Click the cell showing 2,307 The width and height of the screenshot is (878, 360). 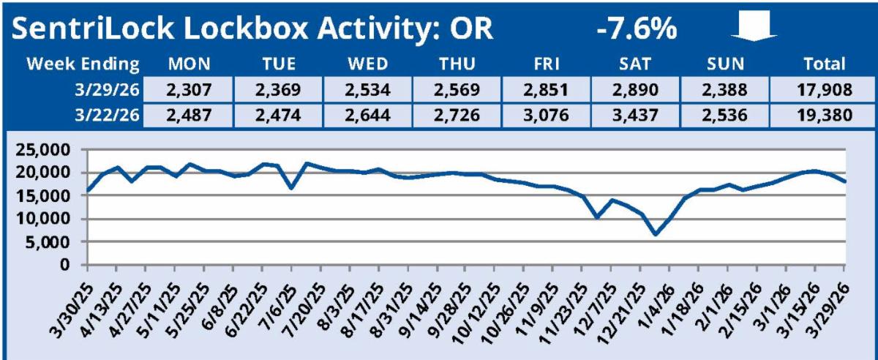pos(188,90)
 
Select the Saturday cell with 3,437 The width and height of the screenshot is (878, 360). pos(634,116)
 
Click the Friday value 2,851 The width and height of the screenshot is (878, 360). pos(544,90)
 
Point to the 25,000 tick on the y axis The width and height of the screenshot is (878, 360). pos(46,151)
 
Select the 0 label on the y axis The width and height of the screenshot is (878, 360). pos(74,264)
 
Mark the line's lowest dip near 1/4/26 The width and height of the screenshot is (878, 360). pos(656,234)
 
